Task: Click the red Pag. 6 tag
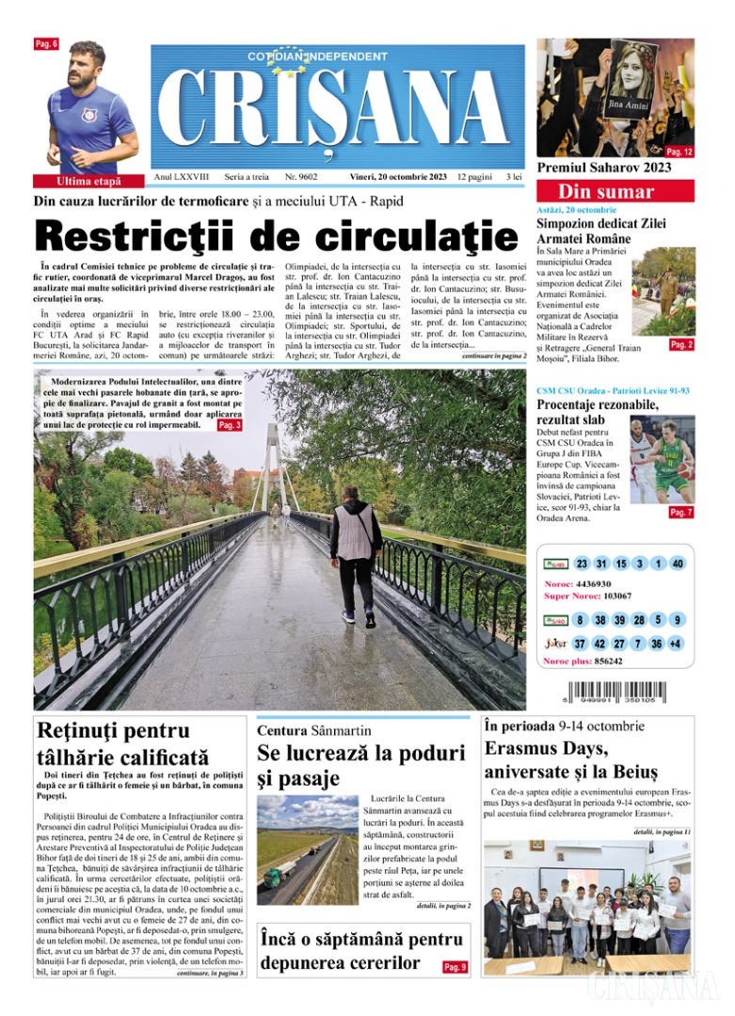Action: (x=46, y=44)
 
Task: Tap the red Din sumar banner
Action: (x=615, y=192)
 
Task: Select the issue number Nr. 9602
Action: (x=301, y=177)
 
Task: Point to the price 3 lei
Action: (x=514, y=177)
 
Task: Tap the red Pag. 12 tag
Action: (x=679, y=151)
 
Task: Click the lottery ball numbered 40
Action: (x=678, y=564)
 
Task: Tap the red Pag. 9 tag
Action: (x=455, y=967)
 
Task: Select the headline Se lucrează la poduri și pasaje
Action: (x=360, y=765)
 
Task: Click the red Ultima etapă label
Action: (x=88, y=181)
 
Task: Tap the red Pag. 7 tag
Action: (x=680, y=513)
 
